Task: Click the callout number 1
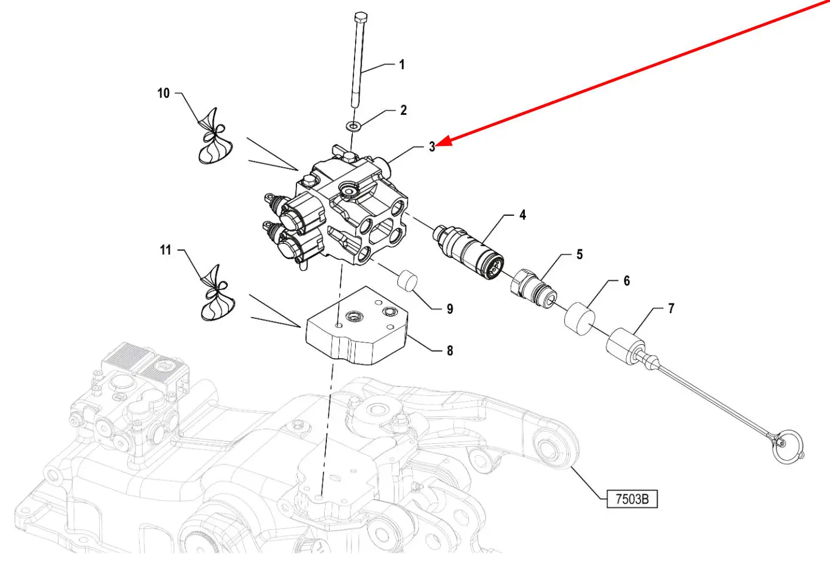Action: click(x=401, y=64)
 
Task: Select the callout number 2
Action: click(x=403, y=110)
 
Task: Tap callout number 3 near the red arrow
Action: click(x=431, y=147)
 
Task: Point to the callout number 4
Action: click(x=522, y=215)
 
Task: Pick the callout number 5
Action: click(x=579, y=254)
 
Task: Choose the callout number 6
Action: click(x=626, y=281)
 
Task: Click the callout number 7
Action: click(x=671, y=308)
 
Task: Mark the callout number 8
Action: click(x=450, y=351)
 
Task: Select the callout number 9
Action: click(x=450, y=308)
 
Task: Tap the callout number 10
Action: click(x=163, y=93)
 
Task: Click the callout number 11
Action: click(x=166, y=250)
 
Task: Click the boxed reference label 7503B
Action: click(x=632, y=499)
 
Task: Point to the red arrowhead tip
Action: click(x=437, y=145)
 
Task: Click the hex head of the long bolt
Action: click(x=360, y=17)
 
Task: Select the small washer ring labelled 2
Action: click(x=354, y=127)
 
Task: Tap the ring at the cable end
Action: click(x=788, y=446)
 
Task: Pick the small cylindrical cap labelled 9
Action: click(x=407, y=281)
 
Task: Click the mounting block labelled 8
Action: click(x=356, y=325)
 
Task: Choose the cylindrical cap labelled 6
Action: click(x=579, y=318)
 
